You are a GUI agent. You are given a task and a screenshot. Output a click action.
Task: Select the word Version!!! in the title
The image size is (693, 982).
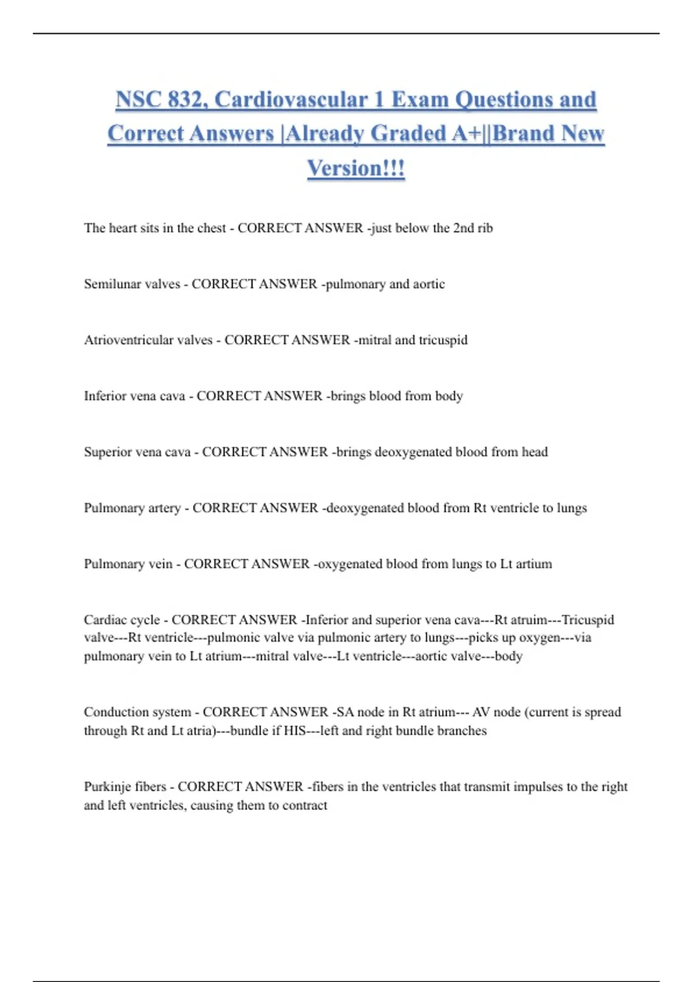pyautogui.click(x=356, y=168)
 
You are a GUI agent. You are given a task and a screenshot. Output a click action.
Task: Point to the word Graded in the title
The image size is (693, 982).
pyautogui.click(x=408, y=133)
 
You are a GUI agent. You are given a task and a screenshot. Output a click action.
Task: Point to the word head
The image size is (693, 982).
pyautogui.click(x=535, y=452)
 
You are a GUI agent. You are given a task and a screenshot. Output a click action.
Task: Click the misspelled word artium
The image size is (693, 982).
pyautogui.click(x=534, y=564)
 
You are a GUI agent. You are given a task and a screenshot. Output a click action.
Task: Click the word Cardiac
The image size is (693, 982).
pyautogui.click(x=105, y=620)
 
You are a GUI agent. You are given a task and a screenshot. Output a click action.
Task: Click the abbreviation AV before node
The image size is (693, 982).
pyautogui.click(x=481, y=712)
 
